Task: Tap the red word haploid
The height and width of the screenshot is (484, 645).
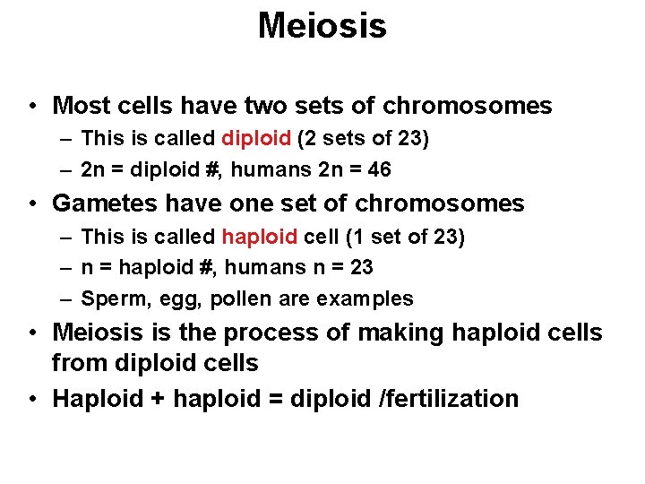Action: [x=259, y=238]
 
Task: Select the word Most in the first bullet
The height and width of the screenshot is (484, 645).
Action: [x=78, y=106]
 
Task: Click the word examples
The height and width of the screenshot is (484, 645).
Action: [x=371, y=299]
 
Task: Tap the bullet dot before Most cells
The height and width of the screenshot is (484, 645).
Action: [x=31, y=106]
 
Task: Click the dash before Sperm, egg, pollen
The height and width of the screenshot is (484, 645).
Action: [x=67, y=298]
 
